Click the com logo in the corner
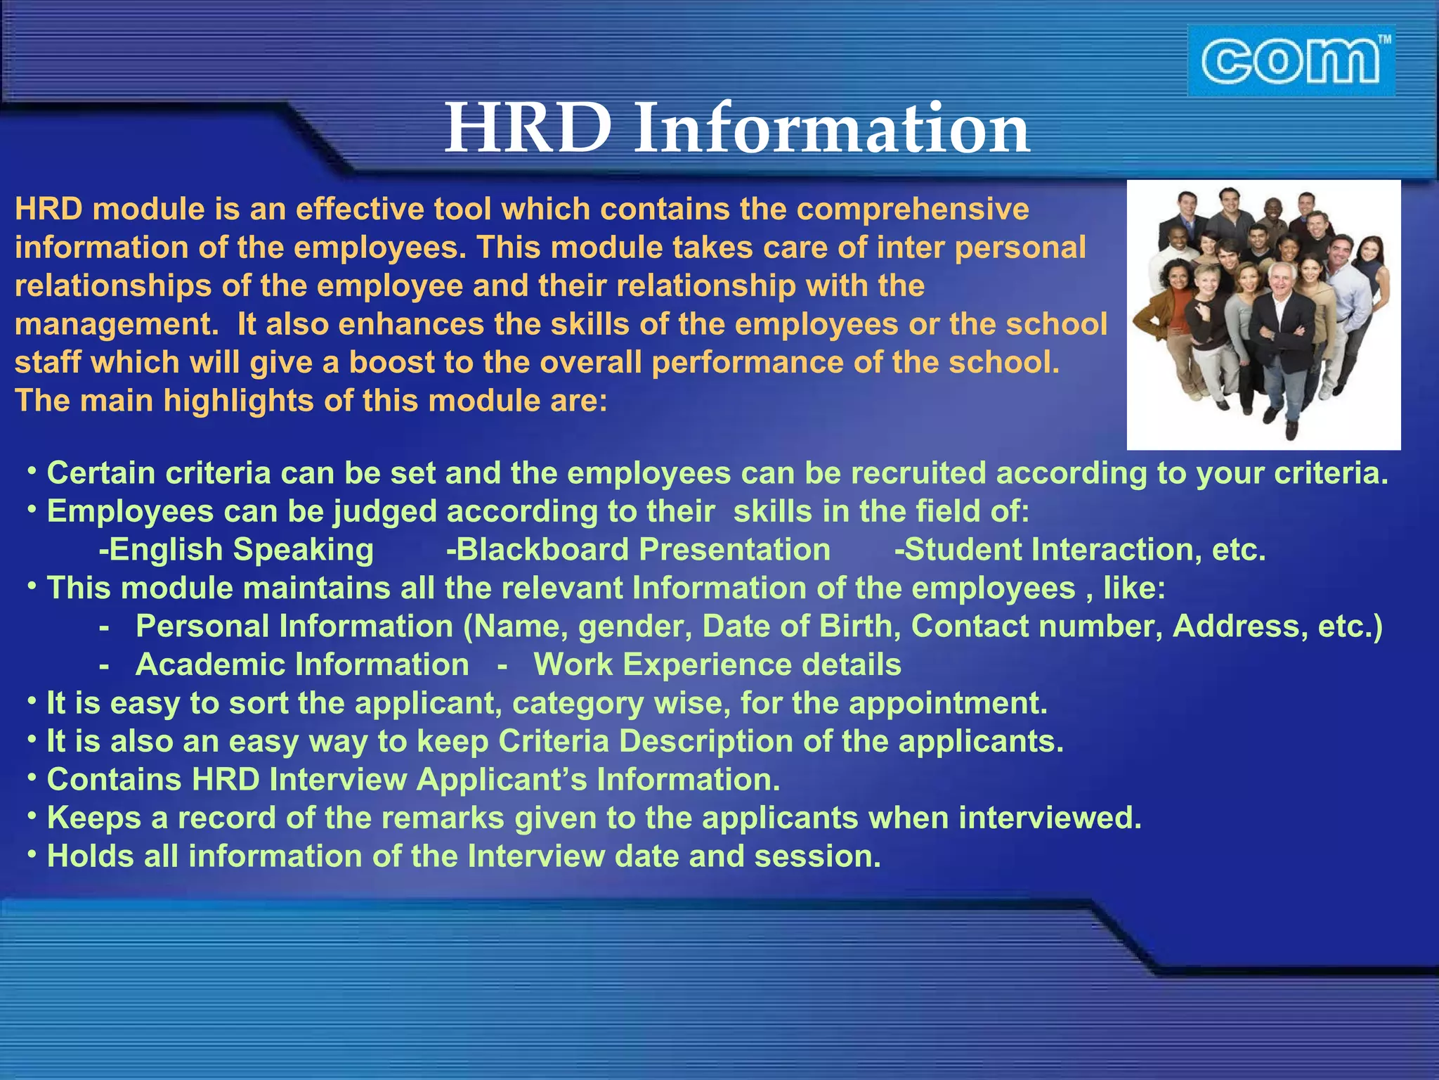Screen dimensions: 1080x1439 pos(1291,61)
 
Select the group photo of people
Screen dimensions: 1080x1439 pos(1263,314)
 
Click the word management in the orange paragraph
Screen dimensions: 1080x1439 pos(112,325)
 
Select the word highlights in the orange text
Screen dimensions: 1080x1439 pos(238,401)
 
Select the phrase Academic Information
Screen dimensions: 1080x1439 pos(302,665)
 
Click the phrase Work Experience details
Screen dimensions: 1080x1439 pos(717,665)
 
